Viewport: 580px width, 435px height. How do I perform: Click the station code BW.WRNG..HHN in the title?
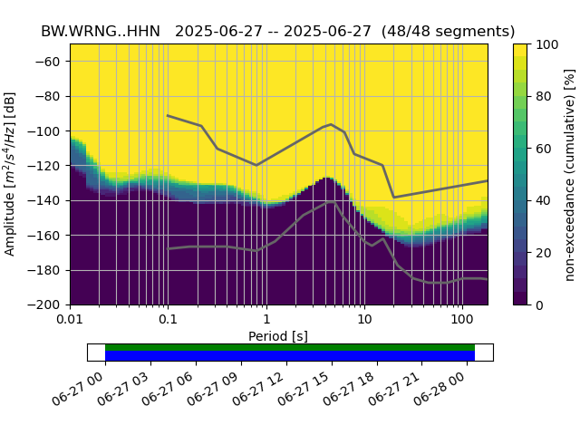tap(101, 31)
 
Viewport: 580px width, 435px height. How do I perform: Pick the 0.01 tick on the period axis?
tap(70, 320)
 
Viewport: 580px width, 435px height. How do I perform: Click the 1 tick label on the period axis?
tap(266, 320)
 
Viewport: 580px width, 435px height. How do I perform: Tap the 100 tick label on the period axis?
tap(462, 320)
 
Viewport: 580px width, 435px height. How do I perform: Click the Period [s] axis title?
tap(278, 336)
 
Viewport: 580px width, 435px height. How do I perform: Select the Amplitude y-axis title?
tap(10, 174)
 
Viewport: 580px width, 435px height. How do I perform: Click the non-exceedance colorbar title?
tap(570, 174)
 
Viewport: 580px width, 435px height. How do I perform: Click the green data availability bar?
tap(290, 347)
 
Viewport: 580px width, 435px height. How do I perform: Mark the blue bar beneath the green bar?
tap(290, 356)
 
